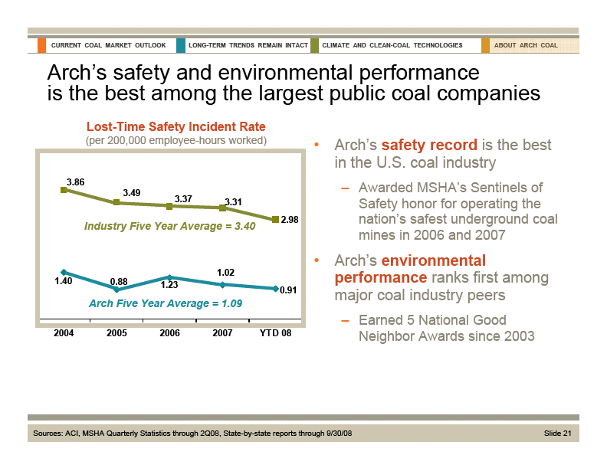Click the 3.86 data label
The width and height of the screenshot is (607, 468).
[x=75, y=182]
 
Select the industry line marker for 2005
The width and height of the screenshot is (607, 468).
[x=116, y=202]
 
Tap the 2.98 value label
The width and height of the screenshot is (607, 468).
[x=290, y=220]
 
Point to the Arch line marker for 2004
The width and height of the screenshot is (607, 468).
[x=64, y=272]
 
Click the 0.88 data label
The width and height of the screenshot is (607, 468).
[x=119, y=282]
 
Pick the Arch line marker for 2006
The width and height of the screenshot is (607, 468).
[x=169, y=277]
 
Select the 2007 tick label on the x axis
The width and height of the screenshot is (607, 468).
[x=222, y=334]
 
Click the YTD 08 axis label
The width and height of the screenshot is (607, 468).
[x=276, y=334]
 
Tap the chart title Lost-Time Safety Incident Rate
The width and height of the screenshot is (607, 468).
[x=176, y=126]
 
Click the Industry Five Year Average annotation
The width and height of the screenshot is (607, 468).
[x=169, y=227]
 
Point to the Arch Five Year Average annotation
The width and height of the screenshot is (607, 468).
[x=166, y=304]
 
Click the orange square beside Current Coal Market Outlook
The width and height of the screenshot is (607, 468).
[x=41, y=45]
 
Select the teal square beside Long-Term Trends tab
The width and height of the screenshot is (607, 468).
[x=180, y=45]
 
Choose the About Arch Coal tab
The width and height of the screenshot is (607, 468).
[x=526, y=45]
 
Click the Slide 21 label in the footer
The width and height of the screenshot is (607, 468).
[x=558, y=434]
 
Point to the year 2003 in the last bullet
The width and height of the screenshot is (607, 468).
[x=518, y=336]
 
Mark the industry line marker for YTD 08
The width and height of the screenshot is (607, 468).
[x=275, y=220]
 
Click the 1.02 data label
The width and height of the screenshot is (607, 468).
[x=225, y=272]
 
